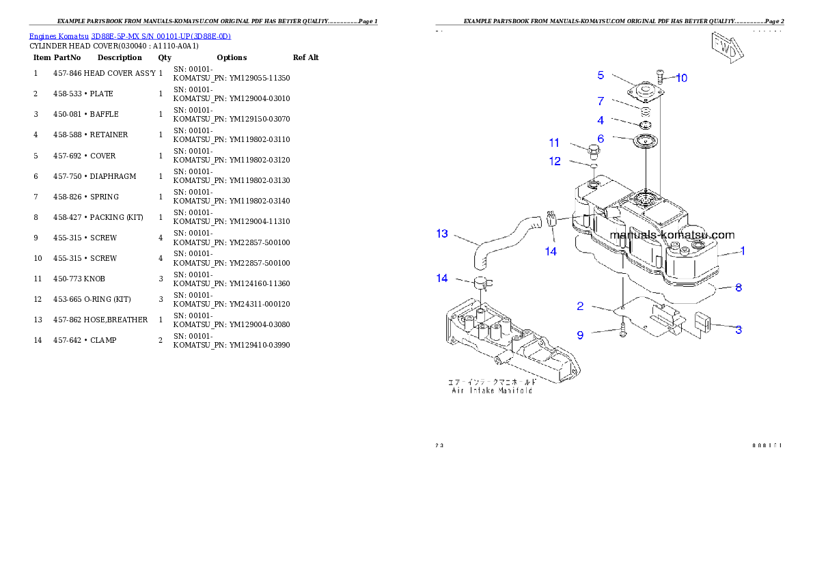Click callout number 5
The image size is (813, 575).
[x=601, y=75]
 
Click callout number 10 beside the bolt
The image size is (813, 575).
[x=682, y=78]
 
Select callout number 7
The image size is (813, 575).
[x=601, y=101]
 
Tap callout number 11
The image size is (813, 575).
[x=554, y=143]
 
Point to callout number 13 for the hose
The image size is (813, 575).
[x=442, y=234]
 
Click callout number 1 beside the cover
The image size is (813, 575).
[x=743, y=251]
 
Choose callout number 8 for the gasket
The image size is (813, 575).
[x=738, y=287]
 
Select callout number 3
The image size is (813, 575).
[x=738, y=330]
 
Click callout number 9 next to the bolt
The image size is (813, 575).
[x=580, y=335]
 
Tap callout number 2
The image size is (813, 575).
[x=580, y=306]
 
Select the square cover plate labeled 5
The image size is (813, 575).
[x=645, y=93]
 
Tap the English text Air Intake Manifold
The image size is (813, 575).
[x=491, y=391]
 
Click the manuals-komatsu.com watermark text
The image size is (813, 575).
[x=672, y=235]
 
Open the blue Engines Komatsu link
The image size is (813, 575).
[x=130, y=36]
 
